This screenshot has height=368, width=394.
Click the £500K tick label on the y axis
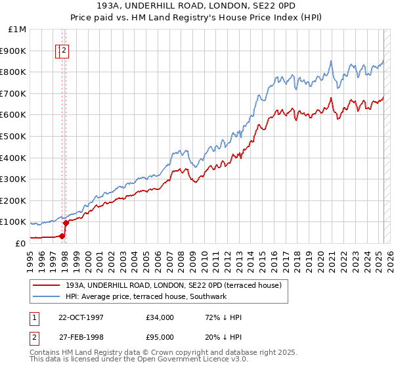tap(14, 136)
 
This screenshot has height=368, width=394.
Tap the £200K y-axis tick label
tap(14, 200)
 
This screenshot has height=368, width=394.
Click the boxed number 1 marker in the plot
tap(59, 50)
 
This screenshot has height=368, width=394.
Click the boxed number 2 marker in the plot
tap(65, 50)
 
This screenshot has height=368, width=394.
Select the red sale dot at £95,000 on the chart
tap(66, 223)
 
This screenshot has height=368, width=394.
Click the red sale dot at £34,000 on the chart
tap(62, 236)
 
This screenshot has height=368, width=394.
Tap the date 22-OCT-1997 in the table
tap(81, 317)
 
